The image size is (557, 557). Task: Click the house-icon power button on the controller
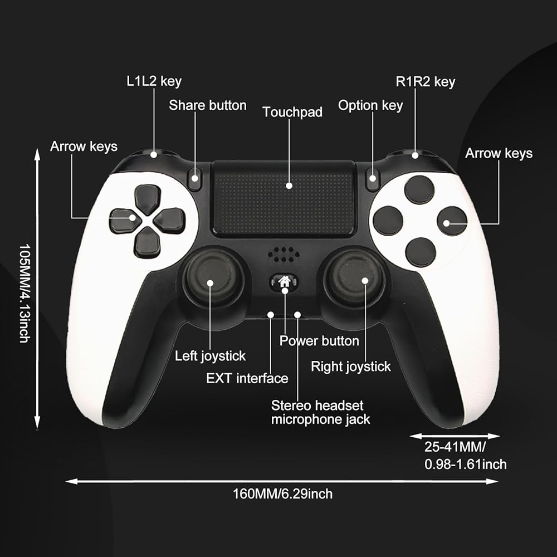pos(285,281)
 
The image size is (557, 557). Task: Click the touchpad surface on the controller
pos(284,197)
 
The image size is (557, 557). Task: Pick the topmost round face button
pos(419,189)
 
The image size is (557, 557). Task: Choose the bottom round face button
pos(421,252)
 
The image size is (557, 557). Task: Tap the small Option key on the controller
pos(373,178)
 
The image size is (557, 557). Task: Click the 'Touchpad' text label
pos(292,112)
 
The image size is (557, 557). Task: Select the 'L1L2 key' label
pos(154,81)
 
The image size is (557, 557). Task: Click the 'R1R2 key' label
pos(425,82)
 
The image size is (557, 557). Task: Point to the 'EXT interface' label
pos(247,379)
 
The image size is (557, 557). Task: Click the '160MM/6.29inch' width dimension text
pos(282,494)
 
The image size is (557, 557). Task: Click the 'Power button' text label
pos(319,340)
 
